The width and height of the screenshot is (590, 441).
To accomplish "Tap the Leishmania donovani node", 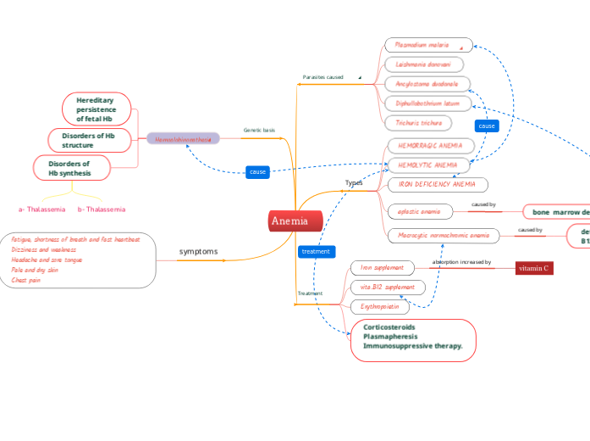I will tap(423, 64).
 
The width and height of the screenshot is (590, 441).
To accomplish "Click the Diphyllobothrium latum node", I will tap(427, 103).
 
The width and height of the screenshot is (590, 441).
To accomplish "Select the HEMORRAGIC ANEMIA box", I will tap(430, 146).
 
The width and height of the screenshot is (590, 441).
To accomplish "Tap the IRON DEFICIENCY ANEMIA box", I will tap(437, 183).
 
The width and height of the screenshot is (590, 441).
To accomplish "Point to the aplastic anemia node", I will tap(419, 210).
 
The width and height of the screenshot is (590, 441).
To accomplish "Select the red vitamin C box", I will tap(534, 268).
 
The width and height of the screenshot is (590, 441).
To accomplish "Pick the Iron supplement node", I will tap(383, 267).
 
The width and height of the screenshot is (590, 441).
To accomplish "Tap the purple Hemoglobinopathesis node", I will tap(183, 138).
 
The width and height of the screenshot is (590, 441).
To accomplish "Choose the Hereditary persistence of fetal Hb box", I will tap(97, 109).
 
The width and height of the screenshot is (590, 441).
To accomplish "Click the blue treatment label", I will tap(316, 251).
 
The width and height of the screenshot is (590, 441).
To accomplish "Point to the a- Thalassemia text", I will tap(42, 209).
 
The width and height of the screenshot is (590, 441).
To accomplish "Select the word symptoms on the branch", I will tap(199, 252).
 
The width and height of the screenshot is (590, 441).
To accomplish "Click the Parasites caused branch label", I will tap(323, 77).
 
